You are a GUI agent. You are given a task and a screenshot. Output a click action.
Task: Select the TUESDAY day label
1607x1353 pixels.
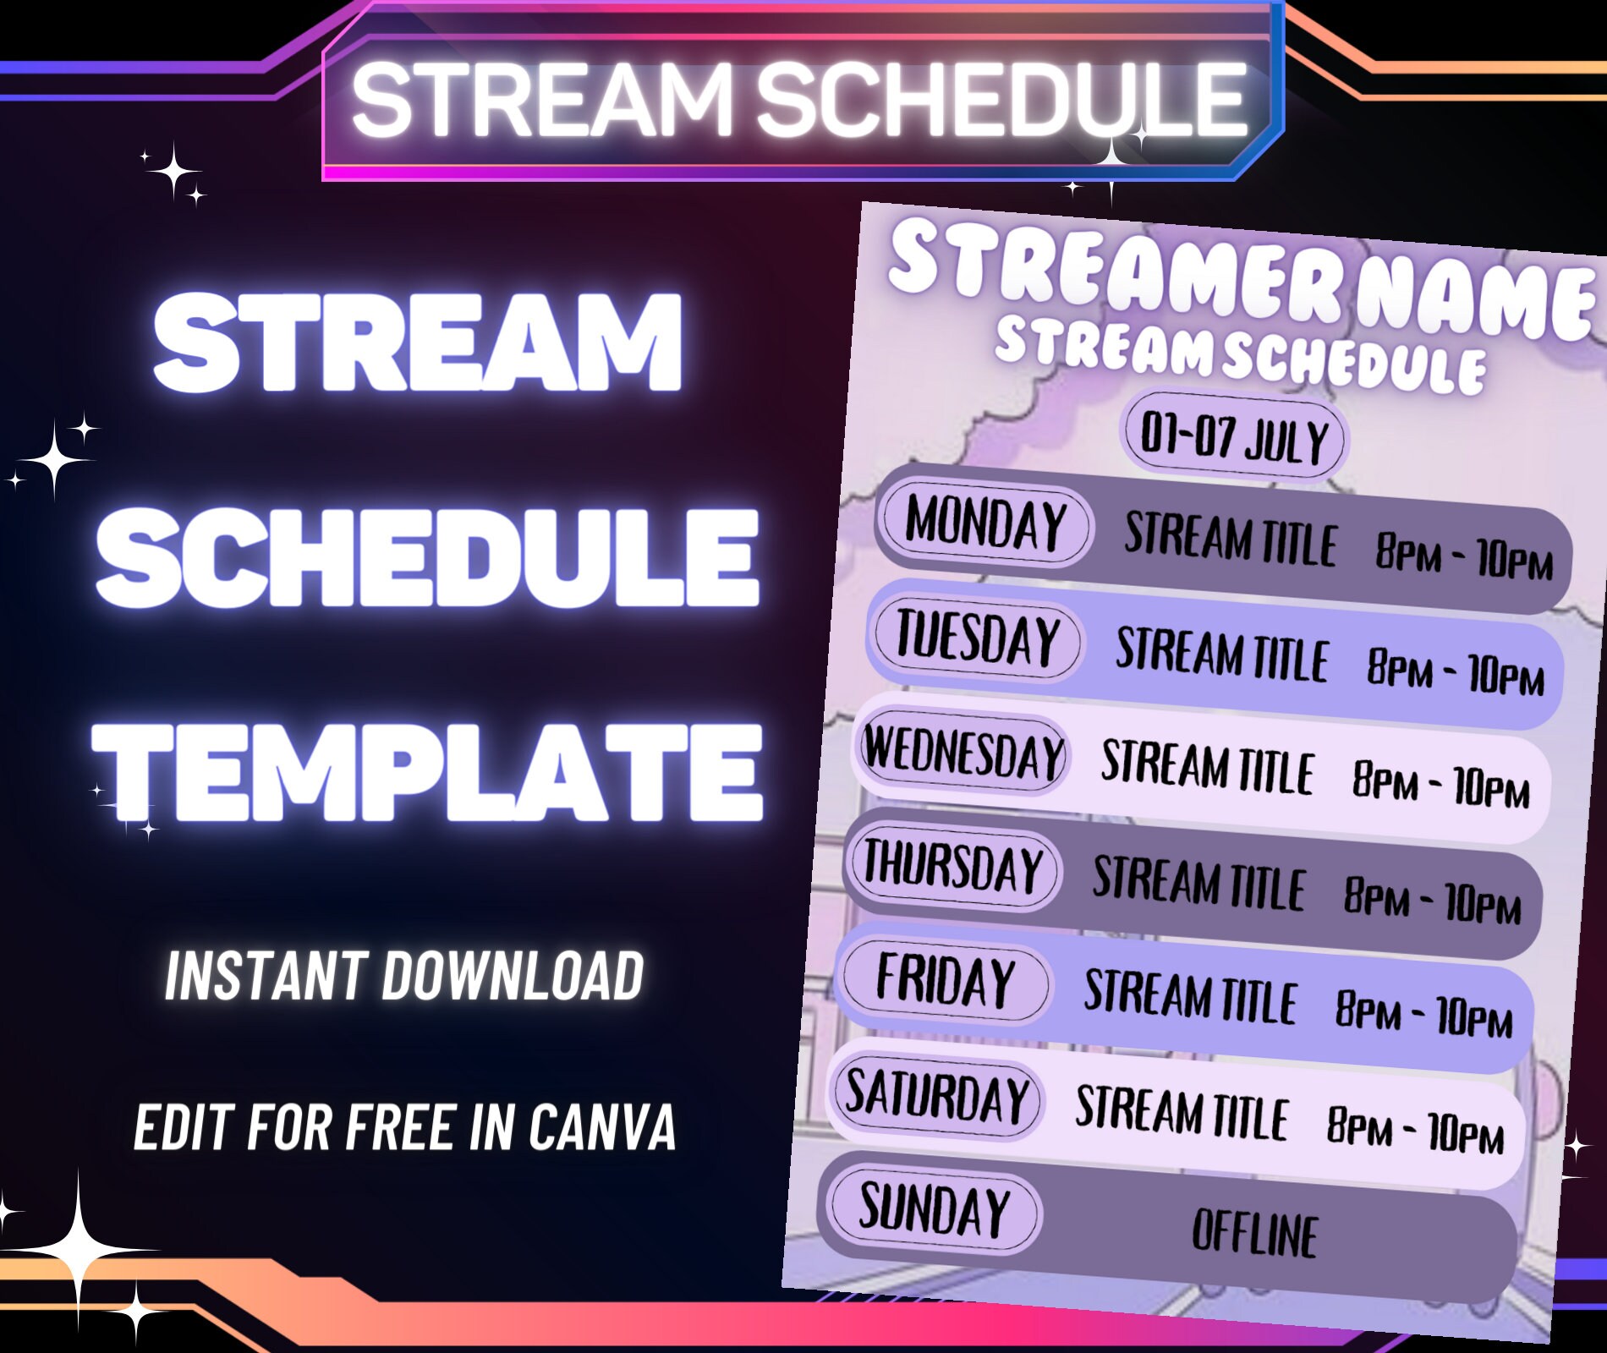[x=978, y=638]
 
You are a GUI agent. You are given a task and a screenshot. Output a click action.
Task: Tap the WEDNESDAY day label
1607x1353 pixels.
[x=963, y=753]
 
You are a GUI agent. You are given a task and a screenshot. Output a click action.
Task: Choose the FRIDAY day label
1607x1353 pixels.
[x=945, y=981]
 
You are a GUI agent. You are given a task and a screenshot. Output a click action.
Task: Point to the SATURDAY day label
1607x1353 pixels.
[x=937, y=1096]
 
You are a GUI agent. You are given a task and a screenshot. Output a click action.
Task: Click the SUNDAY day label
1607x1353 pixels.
[x=934, y=1209]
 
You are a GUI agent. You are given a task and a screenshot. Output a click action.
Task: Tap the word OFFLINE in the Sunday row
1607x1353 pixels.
[x=1254, y=1233]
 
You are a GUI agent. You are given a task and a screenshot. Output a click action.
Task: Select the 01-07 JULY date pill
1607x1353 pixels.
[x=1235, y=438]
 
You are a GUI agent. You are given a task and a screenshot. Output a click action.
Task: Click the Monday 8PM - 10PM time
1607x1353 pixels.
[x=1464, y=555]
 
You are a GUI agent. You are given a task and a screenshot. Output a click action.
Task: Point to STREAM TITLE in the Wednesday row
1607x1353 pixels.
[x=1207, y=766]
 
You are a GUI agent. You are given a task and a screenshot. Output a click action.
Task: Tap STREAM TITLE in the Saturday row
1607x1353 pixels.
[x=1182, y=1111]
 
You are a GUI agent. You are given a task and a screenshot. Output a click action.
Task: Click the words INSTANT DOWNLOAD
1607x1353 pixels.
[x=404, y=976]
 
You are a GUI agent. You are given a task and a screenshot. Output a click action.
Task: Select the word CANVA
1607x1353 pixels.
[x=602, y=1127]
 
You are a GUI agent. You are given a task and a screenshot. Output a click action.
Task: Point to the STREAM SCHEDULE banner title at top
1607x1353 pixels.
[x=799, y=100]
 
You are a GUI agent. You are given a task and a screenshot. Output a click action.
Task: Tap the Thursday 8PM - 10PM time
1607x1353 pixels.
[x=1432, y=900]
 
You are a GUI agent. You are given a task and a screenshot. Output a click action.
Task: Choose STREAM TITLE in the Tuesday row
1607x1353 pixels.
[x=1222, y=655]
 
